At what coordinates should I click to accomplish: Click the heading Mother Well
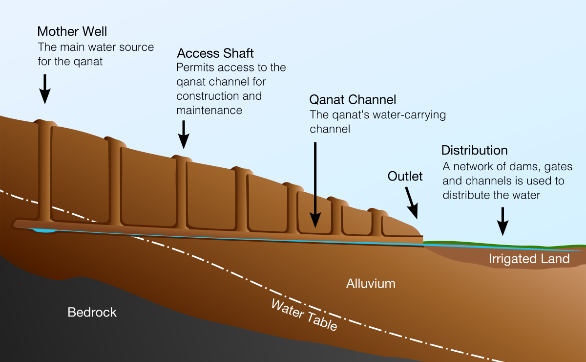72,32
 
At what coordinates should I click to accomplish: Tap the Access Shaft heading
215,53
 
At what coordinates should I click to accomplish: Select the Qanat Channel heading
353,100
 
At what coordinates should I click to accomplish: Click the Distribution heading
474,150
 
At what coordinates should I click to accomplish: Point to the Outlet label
405,176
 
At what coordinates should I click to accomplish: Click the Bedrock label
92,312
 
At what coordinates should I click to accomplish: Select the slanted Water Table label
304,315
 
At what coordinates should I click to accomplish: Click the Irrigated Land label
529,259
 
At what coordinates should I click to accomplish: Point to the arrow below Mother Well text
44,89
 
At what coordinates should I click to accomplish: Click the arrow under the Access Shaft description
183,134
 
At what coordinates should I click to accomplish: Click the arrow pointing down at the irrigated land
502,221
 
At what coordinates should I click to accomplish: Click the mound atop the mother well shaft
44,121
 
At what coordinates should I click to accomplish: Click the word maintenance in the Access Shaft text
209,111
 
